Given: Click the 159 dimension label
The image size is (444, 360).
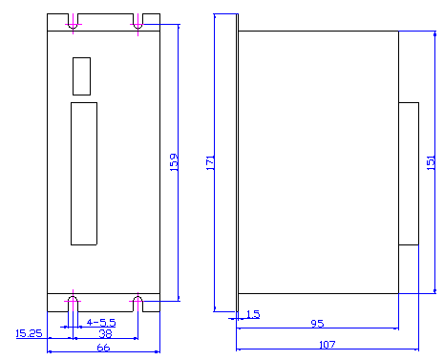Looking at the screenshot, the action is point(174,162).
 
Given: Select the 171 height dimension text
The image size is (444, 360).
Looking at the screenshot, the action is point(210,162).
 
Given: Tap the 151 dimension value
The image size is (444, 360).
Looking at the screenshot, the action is point(431,162).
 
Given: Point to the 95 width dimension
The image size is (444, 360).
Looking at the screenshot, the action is point(317,324).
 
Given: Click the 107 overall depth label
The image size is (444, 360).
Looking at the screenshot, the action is point(328,345).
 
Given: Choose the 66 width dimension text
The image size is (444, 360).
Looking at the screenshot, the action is point(103,348).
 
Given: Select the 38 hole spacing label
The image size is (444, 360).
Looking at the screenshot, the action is point(105,333).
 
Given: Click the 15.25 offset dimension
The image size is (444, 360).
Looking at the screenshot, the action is point(29,333).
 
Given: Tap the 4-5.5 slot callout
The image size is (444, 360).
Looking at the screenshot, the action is point(101,323).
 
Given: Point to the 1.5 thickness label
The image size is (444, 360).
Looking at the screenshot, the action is point(253,314).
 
